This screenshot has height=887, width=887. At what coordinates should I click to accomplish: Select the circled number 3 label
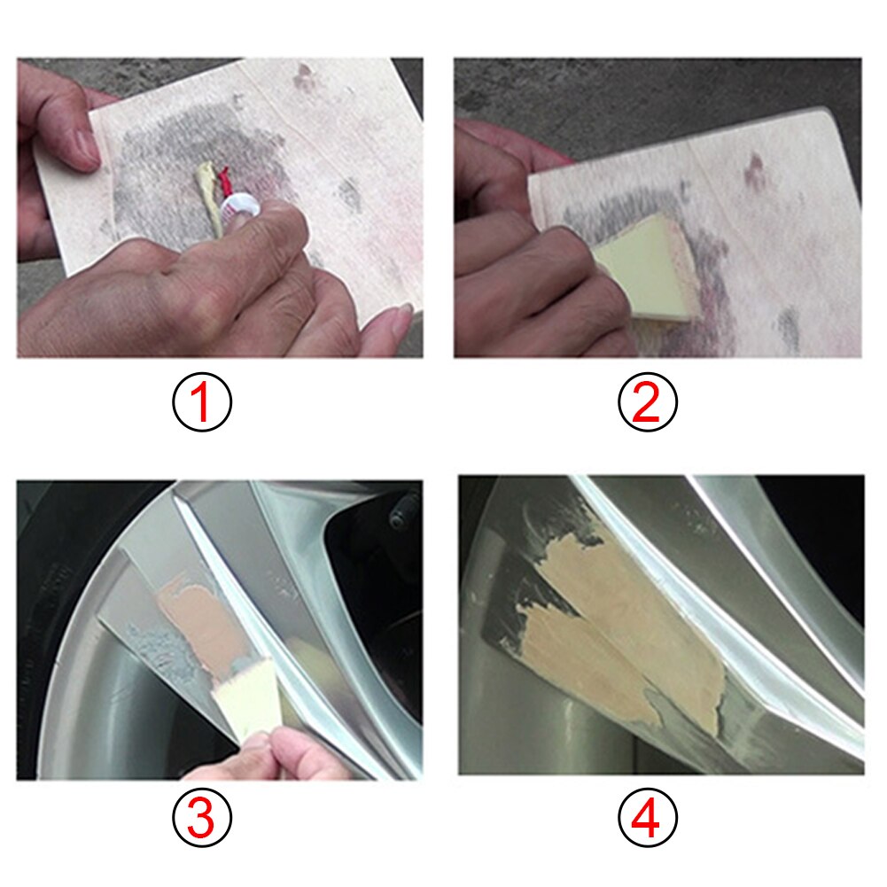click(x=201, y=816)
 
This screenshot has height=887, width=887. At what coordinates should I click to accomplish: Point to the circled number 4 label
click(x=647, y=816)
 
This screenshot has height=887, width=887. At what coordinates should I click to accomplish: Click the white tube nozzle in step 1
click(x=240, y=211)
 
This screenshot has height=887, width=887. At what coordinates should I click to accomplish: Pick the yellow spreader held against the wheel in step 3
click(x=244, y=700)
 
